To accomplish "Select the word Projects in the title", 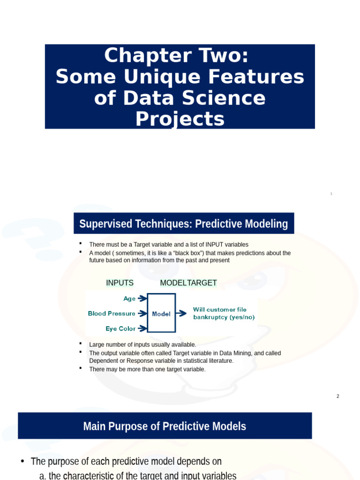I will click(180, 120).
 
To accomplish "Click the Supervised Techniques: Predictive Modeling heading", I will click(184, 224).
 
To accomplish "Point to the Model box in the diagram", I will click(161, 314).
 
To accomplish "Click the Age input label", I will click(129, 299).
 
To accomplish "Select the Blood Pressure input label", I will click(112, 314).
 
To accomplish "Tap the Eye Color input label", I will click(120, 329).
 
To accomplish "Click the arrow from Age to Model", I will click(142, 299).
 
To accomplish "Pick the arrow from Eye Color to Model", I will click(142, 329).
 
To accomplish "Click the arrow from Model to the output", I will click(181, 314).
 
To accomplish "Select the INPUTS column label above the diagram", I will click(120, 283).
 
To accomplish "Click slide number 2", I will click(337, 397).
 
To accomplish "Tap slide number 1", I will click(331, 194).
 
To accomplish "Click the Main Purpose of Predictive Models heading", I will click(165, 426).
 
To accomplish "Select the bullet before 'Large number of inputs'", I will click(80, 344).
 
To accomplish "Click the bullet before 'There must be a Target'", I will click(80, 243).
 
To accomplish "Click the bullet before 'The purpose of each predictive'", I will click(22, 461).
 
